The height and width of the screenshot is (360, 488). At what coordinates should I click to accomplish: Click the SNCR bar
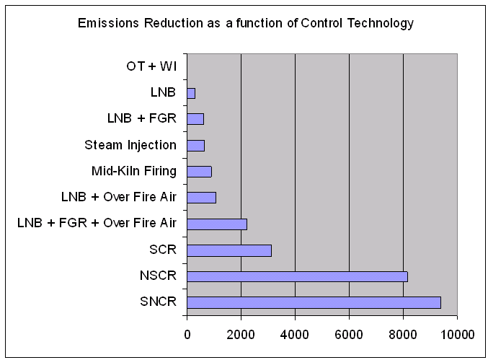314,302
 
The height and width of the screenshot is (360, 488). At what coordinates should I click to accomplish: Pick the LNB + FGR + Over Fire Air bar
217,224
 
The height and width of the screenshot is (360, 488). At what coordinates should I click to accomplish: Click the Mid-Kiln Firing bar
199,171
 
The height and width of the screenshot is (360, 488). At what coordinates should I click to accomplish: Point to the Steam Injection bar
195,145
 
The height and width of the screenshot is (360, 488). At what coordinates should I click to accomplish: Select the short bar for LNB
191,93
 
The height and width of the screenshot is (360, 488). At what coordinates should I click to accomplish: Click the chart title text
246,23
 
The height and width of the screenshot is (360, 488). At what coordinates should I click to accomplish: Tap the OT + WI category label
146,67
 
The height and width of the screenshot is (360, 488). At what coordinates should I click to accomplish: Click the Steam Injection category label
130,145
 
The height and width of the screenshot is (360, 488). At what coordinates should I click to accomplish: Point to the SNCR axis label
158,302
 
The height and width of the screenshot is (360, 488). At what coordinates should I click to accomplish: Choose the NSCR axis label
158,276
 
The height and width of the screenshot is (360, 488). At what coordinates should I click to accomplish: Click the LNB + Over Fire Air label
119,197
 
